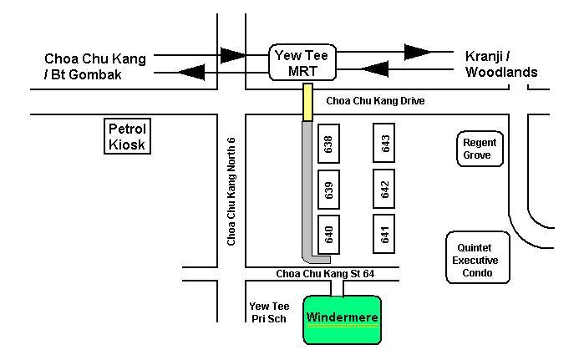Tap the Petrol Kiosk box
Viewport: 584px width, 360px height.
(126, 136)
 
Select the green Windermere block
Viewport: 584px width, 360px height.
(342, 318)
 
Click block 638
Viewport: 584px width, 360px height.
(328, 144)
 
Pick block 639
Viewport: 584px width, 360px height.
(328, 190)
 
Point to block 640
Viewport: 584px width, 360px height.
(328, 235)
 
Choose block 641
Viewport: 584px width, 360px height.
(384, 235)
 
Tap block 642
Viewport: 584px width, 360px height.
(384, 190)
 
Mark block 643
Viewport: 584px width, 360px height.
(384, 144)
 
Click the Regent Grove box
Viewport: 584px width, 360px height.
(479, 149)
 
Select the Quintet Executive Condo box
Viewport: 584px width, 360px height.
(476, 259)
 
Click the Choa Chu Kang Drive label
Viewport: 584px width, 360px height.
(375, 101)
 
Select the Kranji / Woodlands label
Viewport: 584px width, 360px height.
(500, 64)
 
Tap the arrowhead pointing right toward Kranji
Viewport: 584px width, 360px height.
(418, 53)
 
